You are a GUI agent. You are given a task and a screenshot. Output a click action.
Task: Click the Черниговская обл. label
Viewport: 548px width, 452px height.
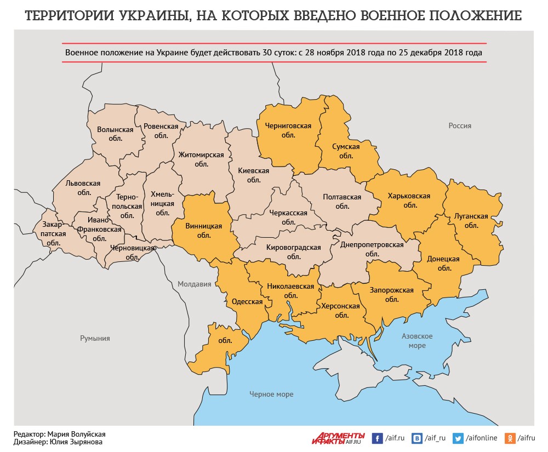click(288, 130)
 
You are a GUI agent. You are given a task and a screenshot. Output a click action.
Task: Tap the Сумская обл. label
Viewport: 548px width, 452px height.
click(346, 151)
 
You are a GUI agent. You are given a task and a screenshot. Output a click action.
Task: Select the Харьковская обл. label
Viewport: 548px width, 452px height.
click(409, 200)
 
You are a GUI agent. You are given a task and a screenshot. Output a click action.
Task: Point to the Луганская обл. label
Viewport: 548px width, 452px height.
click(471, 220)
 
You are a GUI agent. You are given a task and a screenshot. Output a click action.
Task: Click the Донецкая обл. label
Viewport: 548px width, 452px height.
click(444, 264)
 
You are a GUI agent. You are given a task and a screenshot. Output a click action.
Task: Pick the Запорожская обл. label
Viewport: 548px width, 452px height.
click(391, 295)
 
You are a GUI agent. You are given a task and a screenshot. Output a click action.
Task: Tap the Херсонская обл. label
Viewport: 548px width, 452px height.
click(341, 311)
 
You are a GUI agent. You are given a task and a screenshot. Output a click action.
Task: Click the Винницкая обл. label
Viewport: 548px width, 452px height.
click(203, 231)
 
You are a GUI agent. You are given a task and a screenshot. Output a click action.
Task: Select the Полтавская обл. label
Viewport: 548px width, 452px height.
click(342, 201)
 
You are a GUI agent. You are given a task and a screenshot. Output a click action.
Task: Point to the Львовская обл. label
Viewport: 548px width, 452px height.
click(83, 188)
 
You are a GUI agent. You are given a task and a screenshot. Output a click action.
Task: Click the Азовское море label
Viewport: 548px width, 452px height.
click(417, 341)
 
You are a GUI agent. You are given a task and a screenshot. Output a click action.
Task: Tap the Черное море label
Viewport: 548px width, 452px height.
click(271, 394)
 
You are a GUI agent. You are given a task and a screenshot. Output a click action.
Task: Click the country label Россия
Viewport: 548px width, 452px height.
click(460, 125)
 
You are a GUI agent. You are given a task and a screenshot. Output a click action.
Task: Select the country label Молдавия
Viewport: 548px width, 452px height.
click(194, 284)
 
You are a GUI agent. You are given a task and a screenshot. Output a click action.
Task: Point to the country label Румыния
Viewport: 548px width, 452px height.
click(95, 338)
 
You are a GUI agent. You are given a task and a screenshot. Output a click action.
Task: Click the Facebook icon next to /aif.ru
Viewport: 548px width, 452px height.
click(377, 438)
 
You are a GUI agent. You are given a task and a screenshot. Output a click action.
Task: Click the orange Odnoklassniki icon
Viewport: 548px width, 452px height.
click(510, 438)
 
